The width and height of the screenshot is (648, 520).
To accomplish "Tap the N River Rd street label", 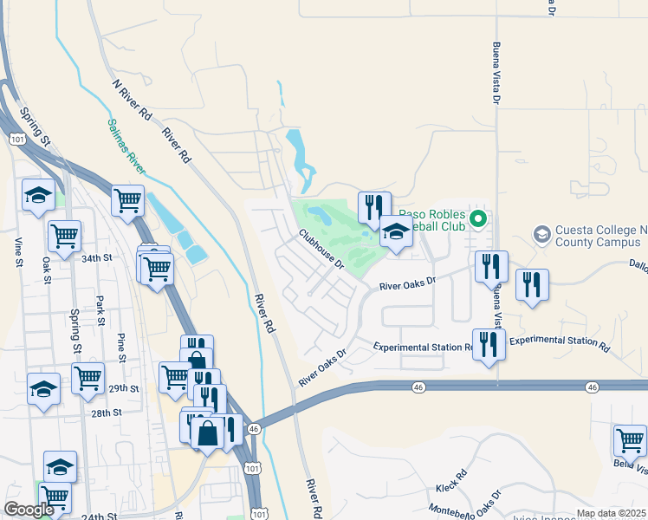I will (133, 102).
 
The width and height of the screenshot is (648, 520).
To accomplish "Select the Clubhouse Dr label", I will (322, 248).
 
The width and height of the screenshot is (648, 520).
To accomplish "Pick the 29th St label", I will (126, 389).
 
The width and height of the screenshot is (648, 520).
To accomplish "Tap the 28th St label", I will (107, 413).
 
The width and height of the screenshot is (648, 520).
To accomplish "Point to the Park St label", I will (100, 309).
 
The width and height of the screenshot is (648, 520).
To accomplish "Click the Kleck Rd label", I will (451, 477).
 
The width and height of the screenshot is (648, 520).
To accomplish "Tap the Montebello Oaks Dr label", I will (467, 507).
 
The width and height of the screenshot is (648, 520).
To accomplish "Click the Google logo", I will (29, 510).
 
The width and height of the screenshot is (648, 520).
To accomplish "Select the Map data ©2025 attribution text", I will (611, 513).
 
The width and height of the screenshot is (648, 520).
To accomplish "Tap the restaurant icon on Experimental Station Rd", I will (488, 344).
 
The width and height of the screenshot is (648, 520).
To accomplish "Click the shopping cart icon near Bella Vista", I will (630, 440).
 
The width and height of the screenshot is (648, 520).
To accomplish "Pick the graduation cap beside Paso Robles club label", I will (396, 231).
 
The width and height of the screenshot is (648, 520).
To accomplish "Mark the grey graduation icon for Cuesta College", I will (542, 234).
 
